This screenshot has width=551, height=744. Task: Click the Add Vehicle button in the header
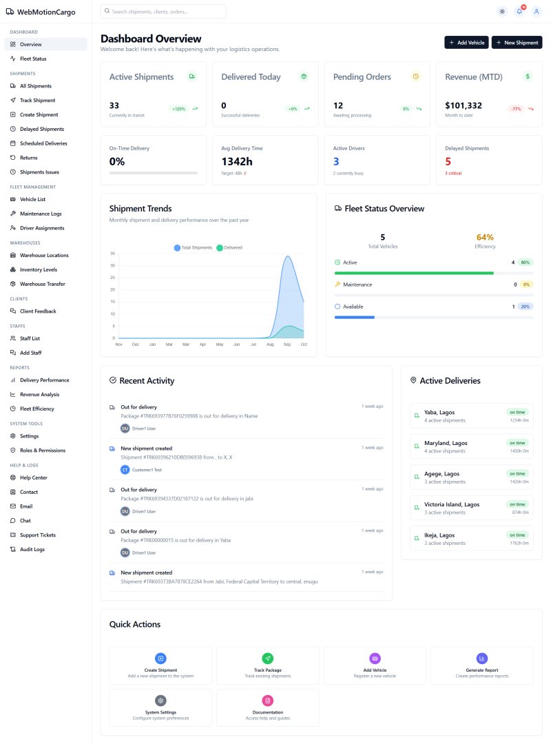click(x=466, y=43)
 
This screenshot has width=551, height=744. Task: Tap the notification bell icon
click(x=519, y=11)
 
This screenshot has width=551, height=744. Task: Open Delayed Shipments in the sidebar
click(x=41, y=129)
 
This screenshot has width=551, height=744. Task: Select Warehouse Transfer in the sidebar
click(x=42, y=284)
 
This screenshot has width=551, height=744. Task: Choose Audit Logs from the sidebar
click(x=32, y=549)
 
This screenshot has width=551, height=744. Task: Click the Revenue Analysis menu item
click(x=39, y=394)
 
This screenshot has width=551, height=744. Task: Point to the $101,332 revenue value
click(x=464, y=105)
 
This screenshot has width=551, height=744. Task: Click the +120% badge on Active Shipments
click(x=179, y=109)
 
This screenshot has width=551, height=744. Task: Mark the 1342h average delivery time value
click(x=238, y=162)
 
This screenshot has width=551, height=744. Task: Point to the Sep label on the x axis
click(x=287, y=344)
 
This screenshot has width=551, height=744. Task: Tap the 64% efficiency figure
click(x=485, y=237)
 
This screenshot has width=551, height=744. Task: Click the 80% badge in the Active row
click(x=525, y=262)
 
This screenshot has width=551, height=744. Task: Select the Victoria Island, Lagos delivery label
click(x=453, y=504)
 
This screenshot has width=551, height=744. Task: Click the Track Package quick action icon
click(x=268, y=659)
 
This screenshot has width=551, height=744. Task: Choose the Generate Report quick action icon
click(x=481, y=659)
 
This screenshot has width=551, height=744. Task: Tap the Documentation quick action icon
click(x=268, y=701)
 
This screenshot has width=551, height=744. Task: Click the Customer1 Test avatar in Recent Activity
click(x=125, y=470)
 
